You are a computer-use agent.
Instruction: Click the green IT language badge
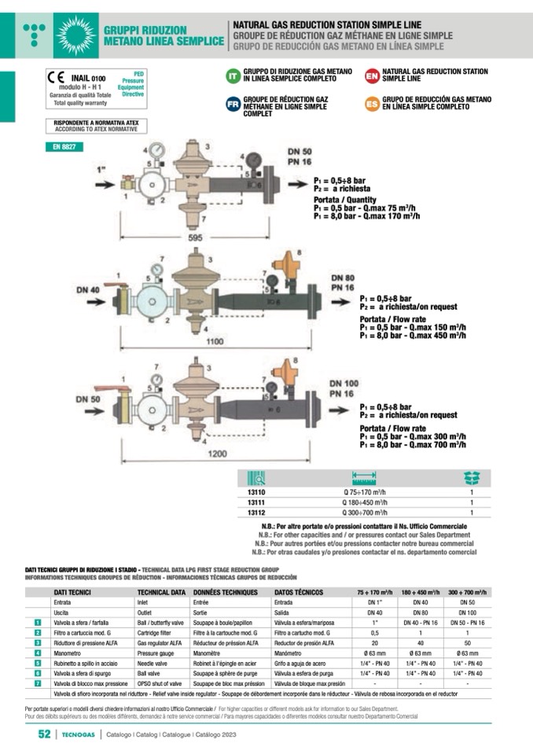[x=232, y=75]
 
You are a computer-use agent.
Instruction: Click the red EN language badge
[x=372, y=75]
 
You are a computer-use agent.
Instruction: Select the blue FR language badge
[x=233, y=105]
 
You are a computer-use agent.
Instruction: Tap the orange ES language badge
[x=372, y=104]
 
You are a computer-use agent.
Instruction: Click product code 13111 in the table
[x=256, y=502]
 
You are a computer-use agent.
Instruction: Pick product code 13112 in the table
[x=256, y=512]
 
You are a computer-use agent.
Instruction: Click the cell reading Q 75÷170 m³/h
[x=363, y=493]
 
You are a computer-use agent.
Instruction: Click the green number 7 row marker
[x=38, y=684]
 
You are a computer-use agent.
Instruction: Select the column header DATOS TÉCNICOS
[x=299, y=591]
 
